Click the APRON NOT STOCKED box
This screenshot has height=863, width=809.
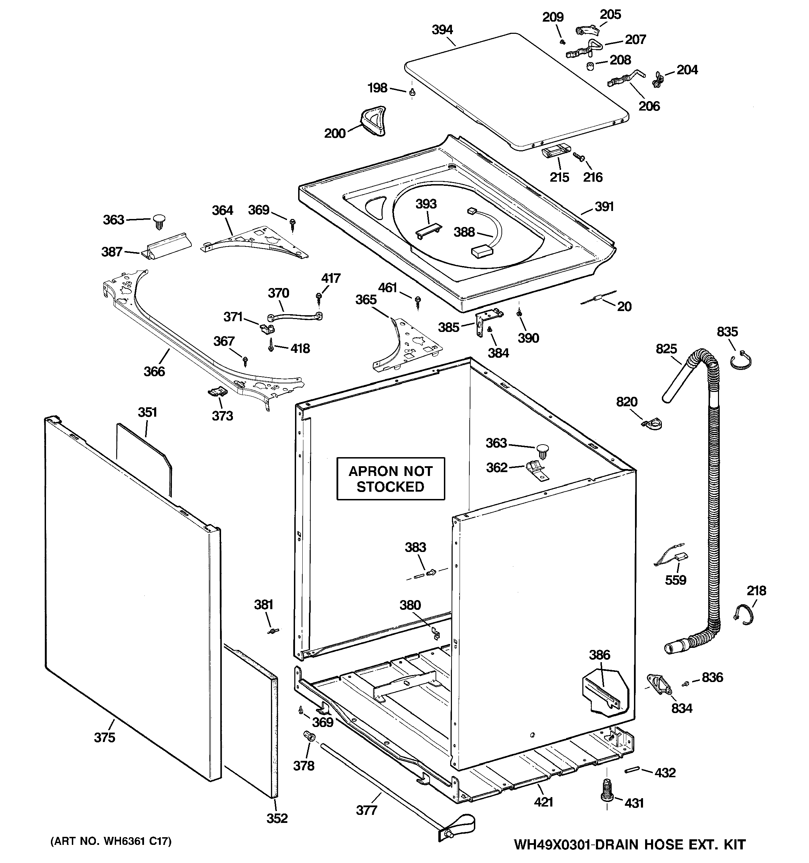coord(391,479)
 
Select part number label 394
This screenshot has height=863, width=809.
coord(442,30)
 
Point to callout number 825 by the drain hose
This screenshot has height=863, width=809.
coord(666,349)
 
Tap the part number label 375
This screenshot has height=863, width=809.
coord(105,737)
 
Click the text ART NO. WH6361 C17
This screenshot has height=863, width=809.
coord(111,842)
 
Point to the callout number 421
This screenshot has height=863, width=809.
coord(543,802)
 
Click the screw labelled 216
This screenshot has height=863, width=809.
coord(579,157)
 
